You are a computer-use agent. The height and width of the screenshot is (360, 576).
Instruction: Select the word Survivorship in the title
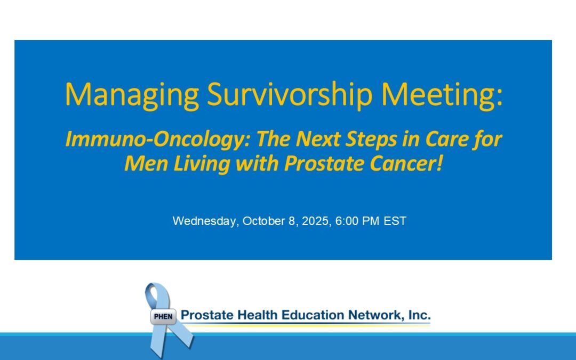[290, 95]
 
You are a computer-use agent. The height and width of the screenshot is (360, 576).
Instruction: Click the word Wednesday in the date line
[206, 221]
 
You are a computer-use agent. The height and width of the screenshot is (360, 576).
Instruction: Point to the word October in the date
[264, 221]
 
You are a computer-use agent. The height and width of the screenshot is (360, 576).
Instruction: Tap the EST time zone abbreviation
[395, 221]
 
